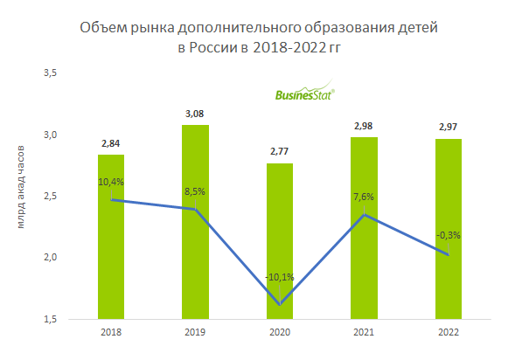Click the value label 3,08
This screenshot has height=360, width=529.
point(195,114)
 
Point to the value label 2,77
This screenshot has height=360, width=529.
point(280,152)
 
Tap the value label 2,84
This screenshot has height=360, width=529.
point(111,143)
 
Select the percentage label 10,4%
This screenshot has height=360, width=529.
point(111,181)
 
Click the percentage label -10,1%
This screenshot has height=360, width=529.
point(280,277)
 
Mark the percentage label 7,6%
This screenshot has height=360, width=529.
point(365,196)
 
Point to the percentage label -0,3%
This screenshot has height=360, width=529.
point(449,234)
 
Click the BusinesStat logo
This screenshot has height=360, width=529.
point(305,97)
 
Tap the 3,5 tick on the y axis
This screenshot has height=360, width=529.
point(50,73)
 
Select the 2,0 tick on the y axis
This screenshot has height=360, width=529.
point(50,258)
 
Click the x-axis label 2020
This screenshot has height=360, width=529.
point(280,332)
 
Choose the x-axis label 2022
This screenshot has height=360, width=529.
point(449,332)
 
